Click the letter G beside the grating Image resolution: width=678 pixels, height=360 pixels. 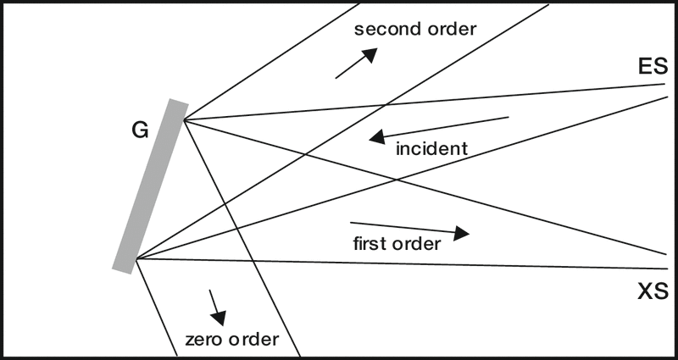tap(141, 130)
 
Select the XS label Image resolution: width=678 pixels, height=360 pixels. tap(653, 292)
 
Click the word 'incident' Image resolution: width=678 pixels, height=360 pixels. tap(431, 149)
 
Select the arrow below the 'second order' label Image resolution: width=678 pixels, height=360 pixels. tap(356, 64)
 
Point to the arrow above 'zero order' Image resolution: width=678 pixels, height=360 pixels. tap(215, 307)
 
